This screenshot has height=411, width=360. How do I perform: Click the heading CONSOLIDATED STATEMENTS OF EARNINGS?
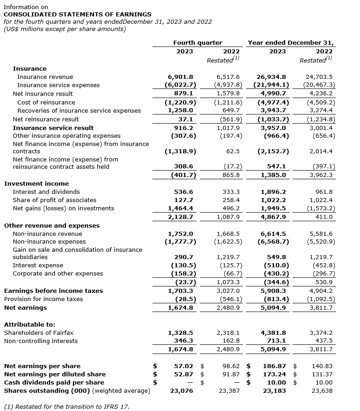tap(78, 15)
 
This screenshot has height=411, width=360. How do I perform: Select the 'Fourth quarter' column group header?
tap(198, 42)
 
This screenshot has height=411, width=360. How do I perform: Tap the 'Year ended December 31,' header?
tap(291, 42)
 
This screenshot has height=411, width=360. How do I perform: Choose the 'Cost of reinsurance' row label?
tap(46, 102)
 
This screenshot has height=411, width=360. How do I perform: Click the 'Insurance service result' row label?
tap(53, 128)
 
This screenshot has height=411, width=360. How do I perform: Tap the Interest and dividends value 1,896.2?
tap(273, 192)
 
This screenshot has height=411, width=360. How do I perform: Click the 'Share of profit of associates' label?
tap(54, 200)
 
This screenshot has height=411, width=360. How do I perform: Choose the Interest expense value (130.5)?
tap(183, 265)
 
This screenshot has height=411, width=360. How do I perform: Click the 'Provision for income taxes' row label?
tap(43, 299)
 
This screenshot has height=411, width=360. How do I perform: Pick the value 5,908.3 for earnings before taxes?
tap(273, 291)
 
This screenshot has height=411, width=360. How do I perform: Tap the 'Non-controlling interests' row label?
tap(41, 341)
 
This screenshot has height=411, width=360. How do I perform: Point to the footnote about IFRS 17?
tap(67, 406)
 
